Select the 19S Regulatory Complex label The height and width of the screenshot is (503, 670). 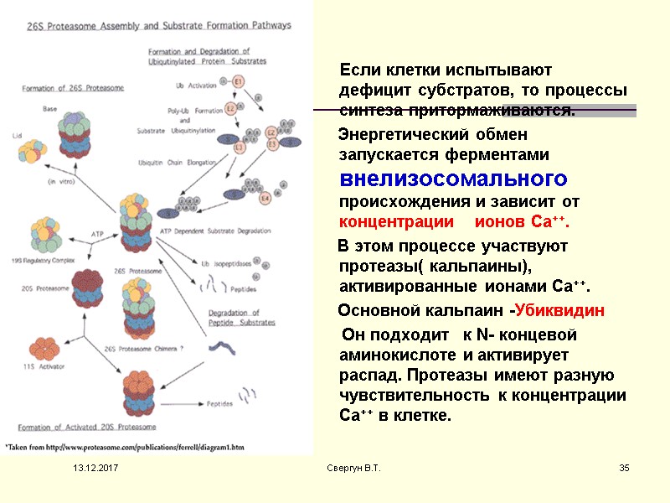(44, 261)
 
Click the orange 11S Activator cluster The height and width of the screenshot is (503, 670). (40, 346)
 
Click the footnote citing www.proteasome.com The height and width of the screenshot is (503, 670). (117, 446)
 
